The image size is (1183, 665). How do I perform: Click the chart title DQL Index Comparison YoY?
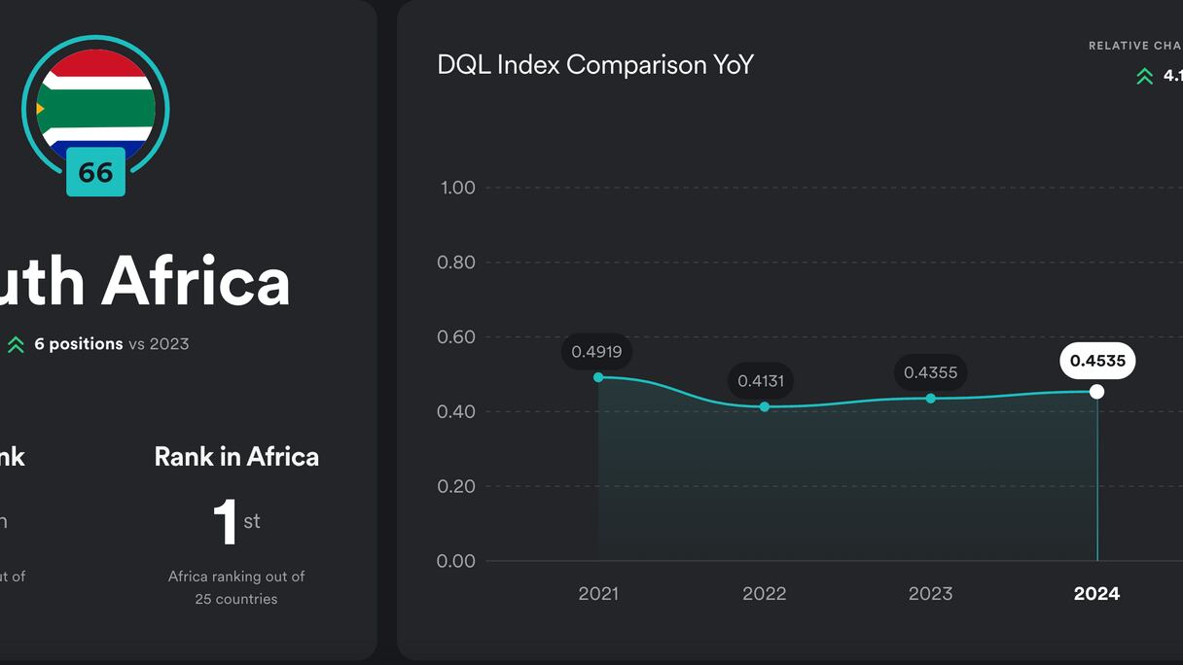point(595,65)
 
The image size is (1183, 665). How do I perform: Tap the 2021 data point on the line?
point(598,377)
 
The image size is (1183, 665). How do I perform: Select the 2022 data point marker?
point(765,406)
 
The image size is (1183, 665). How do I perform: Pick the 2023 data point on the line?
point(931,399)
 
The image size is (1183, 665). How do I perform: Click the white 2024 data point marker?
point(1097,392)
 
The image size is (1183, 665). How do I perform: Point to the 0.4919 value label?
point(596,352)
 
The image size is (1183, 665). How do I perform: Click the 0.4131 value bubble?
point(761,381)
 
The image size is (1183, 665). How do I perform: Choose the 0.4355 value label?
point(930,372)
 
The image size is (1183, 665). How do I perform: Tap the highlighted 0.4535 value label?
point(1097,362)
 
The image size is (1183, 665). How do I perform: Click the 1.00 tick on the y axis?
point(457,188)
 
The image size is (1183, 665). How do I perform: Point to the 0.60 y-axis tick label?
point(457,337)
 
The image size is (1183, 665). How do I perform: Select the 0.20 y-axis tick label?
point(457,486)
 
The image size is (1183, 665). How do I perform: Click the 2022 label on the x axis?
point(765,593)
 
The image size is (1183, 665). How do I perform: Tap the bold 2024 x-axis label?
point(1096,593)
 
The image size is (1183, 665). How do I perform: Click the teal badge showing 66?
point(95,173)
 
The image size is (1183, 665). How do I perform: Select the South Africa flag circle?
point(95,102)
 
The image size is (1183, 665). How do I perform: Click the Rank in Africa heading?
point(236,457)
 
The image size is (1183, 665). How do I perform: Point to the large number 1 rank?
point(226,522)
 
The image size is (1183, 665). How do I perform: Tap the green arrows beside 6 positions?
point(16,344)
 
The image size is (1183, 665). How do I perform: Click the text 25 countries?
point(236,599)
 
